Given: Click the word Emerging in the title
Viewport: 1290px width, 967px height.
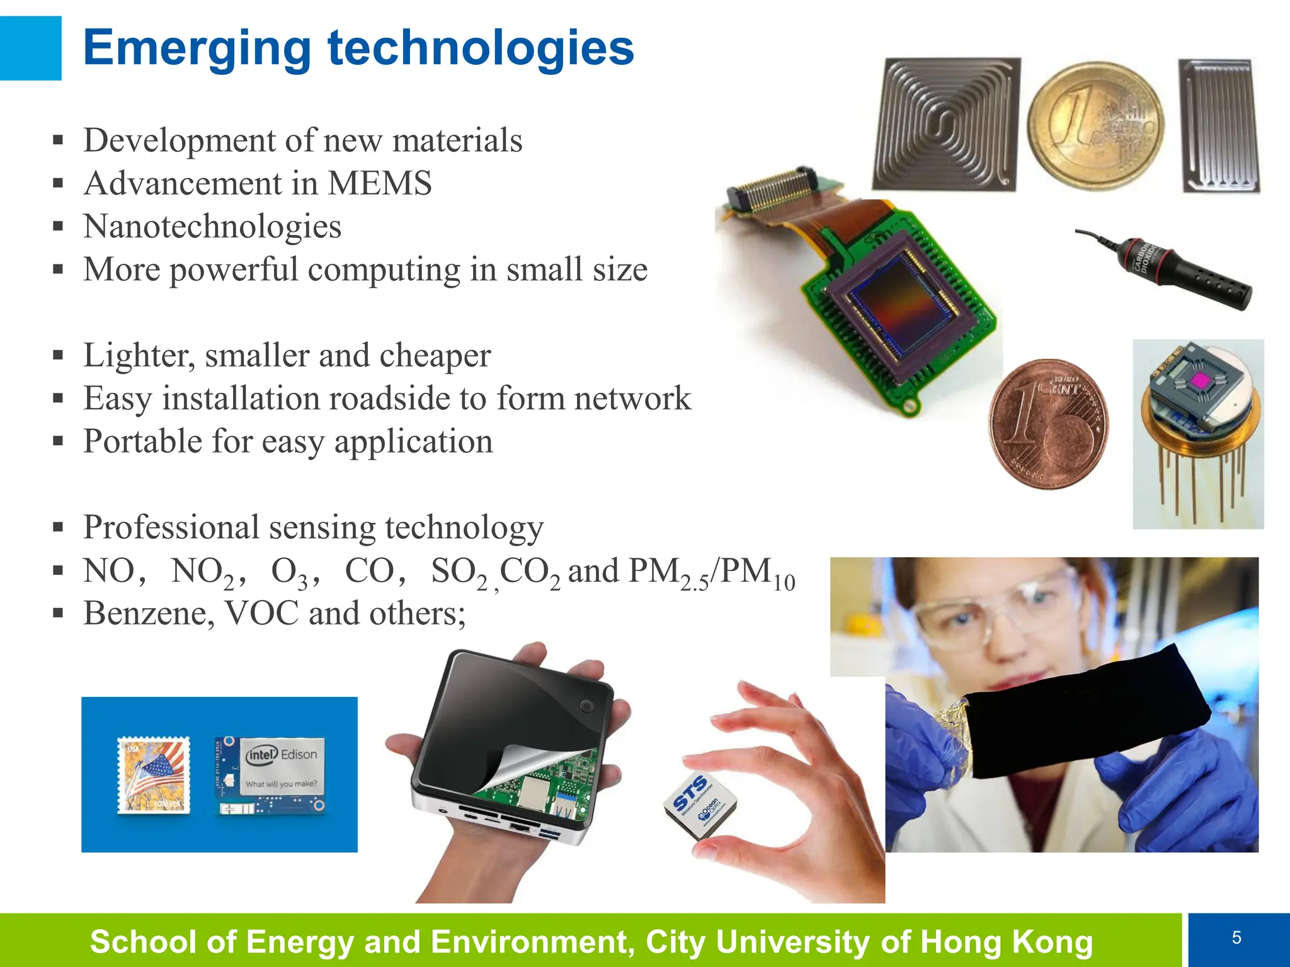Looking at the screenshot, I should click(197, 48).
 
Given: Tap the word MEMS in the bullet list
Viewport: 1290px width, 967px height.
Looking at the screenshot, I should click(379, 184).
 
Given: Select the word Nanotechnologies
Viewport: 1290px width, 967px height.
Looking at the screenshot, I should click(212, 227).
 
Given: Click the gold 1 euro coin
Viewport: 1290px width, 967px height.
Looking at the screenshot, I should click(1095, 126).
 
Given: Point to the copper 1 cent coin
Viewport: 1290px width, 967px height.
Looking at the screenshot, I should click(1048, 424).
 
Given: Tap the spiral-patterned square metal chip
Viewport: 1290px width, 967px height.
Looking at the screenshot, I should click(945, 124).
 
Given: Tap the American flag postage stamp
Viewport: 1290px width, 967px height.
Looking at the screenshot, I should click(154, 775).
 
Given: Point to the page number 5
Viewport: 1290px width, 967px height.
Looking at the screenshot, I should click(1236, 938).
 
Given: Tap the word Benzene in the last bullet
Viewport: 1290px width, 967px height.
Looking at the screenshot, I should click(149, 613).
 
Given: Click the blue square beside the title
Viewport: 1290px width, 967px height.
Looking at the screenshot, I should click(30, 48).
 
